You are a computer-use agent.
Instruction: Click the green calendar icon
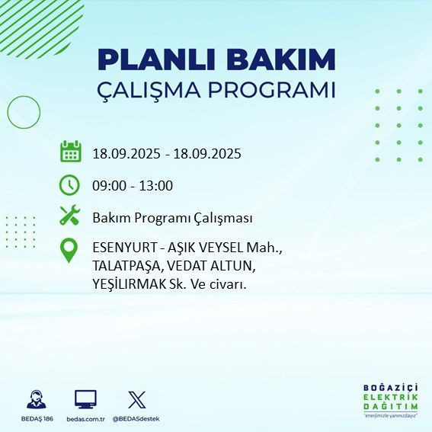click(70, 152)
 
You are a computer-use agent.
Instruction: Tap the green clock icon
click(69, 185)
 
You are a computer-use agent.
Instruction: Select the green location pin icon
click(69, 251)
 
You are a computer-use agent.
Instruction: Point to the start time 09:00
click(109, 186)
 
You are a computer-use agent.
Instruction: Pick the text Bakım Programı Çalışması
click(172, 218)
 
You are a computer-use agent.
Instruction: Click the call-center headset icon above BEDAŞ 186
click(36, 399)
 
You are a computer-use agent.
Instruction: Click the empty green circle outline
click(24, 112)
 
